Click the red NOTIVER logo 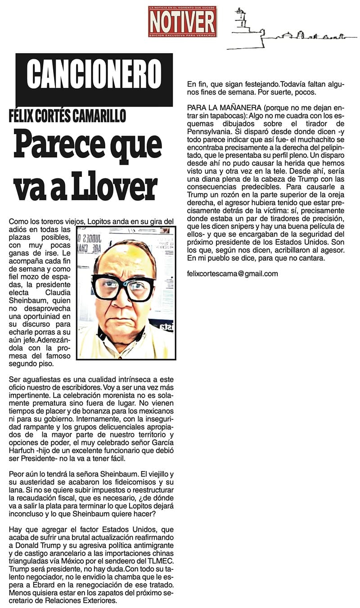click(182, 21)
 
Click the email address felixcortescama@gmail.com click(233, 273)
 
